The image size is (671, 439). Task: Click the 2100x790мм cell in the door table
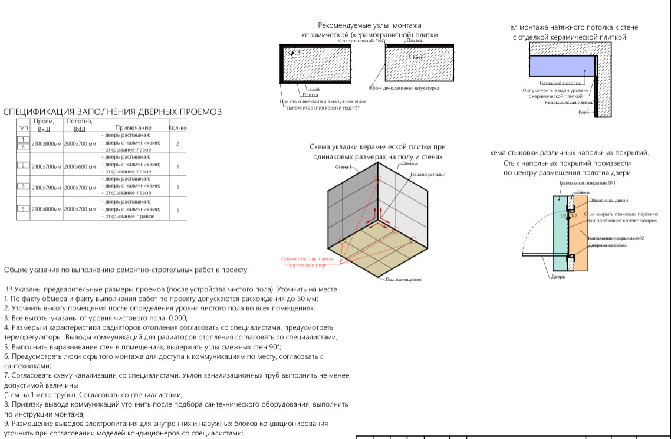coord(47,187)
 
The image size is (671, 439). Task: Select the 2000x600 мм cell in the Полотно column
coord(80,166)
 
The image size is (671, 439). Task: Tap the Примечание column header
coord(133,127)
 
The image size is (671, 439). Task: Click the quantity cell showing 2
coord(177,143)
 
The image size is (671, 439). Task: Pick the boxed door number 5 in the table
coord(23,208)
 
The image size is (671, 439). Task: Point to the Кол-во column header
coord(177,127)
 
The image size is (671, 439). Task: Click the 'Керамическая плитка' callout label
coord(568,103)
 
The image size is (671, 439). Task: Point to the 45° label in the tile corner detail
coord(301,52)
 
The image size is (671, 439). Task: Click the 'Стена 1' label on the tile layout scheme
coord(343,167)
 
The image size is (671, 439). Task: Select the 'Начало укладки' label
coord(427,175)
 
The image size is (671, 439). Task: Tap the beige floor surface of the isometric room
coord(377,251)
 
